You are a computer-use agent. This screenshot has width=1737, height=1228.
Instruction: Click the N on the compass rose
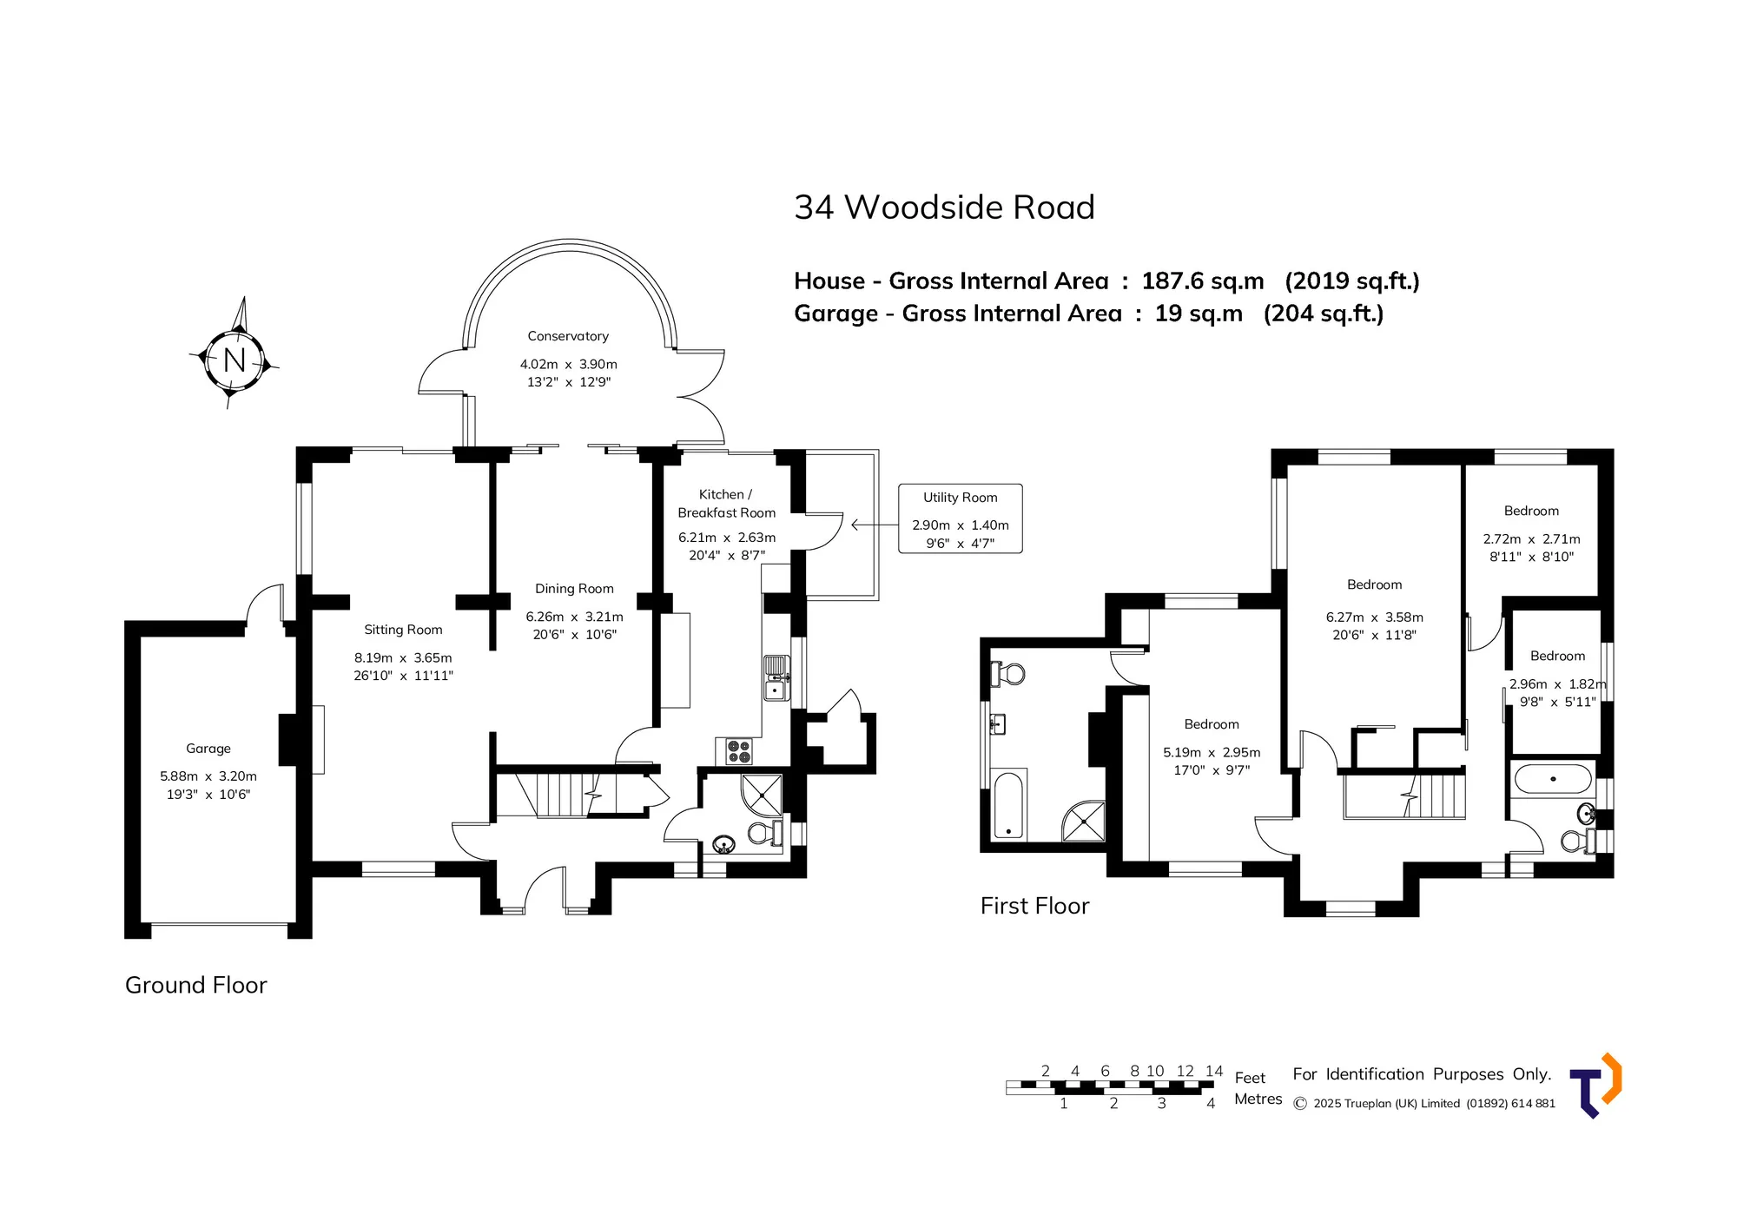(234, 360)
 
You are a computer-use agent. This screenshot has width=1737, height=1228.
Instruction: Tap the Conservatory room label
(568, 336)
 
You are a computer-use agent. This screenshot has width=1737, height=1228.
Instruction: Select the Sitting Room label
(403, 630)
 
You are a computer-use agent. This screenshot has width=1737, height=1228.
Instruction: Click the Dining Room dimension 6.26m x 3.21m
(574, 617)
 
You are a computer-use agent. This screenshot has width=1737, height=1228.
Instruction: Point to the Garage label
(208, 749)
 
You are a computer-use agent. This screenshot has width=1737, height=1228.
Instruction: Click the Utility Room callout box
(961, 518)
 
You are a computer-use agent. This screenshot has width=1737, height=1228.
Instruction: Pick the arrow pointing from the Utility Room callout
(875, 525)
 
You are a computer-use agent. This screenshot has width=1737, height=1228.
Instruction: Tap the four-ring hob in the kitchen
(739, 751)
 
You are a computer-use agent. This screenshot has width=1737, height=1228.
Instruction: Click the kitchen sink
(776, 678)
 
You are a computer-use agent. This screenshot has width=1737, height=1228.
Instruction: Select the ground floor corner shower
(762, 794)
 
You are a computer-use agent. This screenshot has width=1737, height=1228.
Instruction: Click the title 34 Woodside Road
(944, 208)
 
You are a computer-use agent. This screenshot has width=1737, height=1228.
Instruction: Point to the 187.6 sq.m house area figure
(1203, 281)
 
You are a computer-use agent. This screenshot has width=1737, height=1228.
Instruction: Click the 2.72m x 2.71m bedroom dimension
(1532, 538)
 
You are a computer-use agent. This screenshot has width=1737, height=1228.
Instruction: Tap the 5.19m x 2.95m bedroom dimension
(1212, 752)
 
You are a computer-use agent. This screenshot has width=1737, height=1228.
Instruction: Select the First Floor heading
(1034, 906)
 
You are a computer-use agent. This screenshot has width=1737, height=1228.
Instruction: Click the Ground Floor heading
(196, 985)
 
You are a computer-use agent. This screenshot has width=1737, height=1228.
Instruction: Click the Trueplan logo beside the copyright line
(1595, 1086)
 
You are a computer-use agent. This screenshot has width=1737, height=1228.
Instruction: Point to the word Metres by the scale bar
(1258, 1099)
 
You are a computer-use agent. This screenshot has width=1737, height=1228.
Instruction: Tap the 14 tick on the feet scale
(1214, 1071)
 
